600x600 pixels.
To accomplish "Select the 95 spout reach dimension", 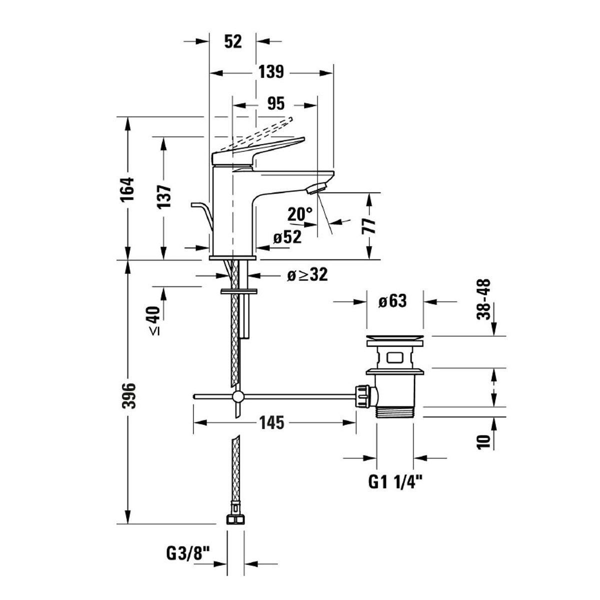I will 276,104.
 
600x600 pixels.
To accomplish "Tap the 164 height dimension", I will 128,188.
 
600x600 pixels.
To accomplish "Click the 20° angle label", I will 299,214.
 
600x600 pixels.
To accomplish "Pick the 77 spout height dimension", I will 370,226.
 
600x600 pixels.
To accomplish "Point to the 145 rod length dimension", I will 272,422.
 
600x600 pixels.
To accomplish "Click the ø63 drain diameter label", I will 392,301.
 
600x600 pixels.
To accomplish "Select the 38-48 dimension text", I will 483,298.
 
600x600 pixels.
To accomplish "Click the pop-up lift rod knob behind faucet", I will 196,205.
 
